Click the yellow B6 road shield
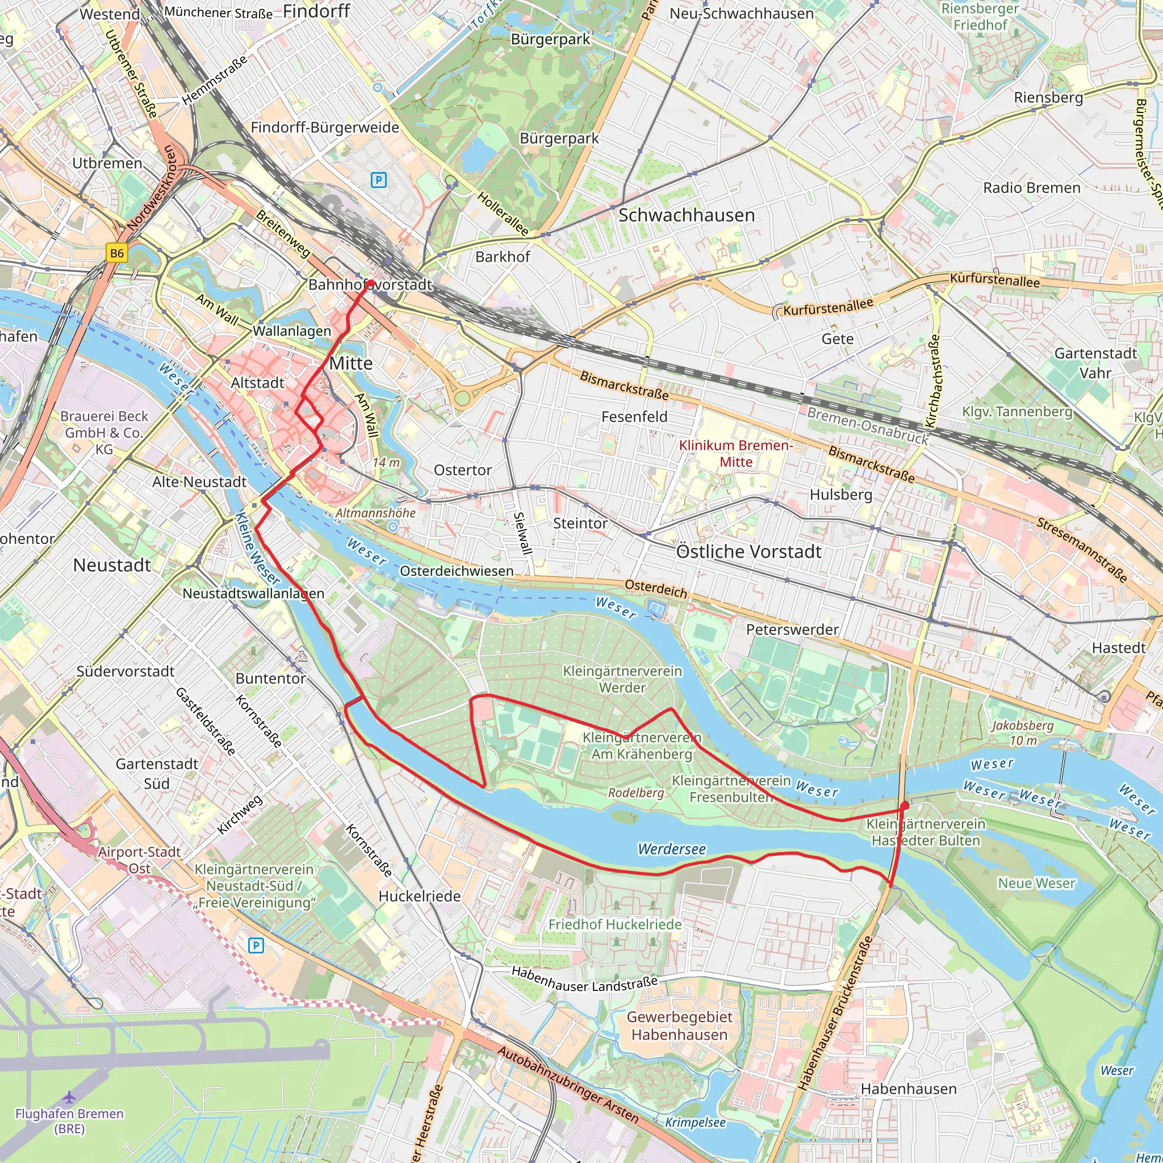[x=117, y=253]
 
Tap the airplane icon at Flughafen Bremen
[x=70, y=1097]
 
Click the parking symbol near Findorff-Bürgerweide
[x=378, y=179]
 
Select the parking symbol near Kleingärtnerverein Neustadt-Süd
[x=256, y=946]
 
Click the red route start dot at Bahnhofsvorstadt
[x=371, y=283]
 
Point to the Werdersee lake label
[x=672, y=850]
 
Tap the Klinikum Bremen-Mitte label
[x=735, y=453]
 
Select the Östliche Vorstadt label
[x=749, y=551]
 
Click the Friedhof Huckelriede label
[x=614, y=924]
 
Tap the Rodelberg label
[x=635, y=793]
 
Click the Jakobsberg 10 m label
[x=1023, y=733]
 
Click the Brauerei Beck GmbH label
[x=104, y=432]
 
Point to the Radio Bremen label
[x=1032, y=188]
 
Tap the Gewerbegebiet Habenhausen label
[x=679, y=1026]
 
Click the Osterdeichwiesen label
[x=457, y=571]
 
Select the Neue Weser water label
[x=1036, y=883]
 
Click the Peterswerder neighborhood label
[x=792, y=630]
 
